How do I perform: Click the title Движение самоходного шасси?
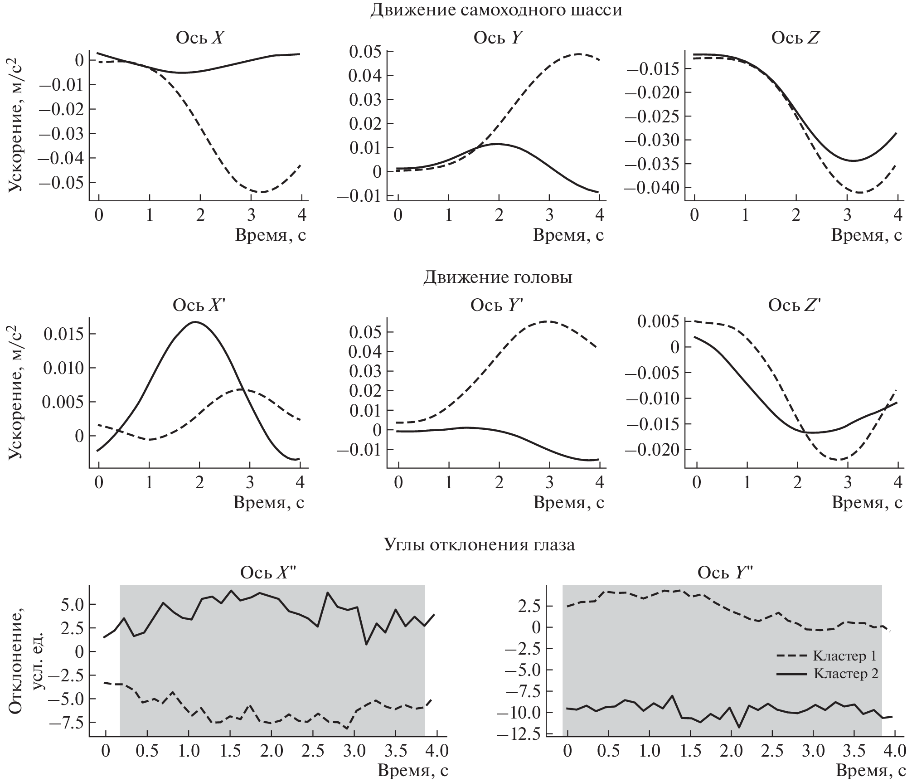pos(496,10)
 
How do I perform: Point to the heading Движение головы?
pos(498,277)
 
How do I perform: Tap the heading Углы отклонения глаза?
pos(479,544)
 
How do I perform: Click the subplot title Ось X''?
pos(268,573)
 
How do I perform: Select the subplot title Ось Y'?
pos(497,306)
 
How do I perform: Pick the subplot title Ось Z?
pos(795,38)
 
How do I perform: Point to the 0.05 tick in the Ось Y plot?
pos(364,51)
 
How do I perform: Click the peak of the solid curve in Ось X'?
pos(195,322)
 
